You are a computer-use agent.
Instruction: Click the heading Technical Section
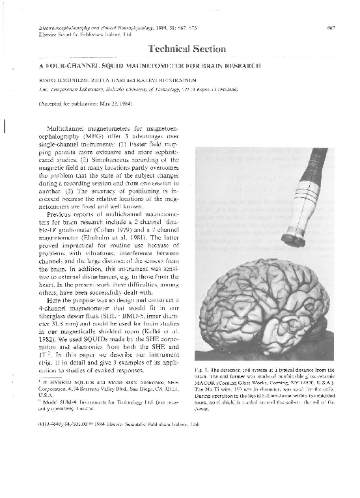pyautogui.click(x=187, y=49)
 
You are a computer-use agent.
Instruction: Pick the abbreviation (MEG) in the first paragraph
pyautogui.click(x=71, y=137)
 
